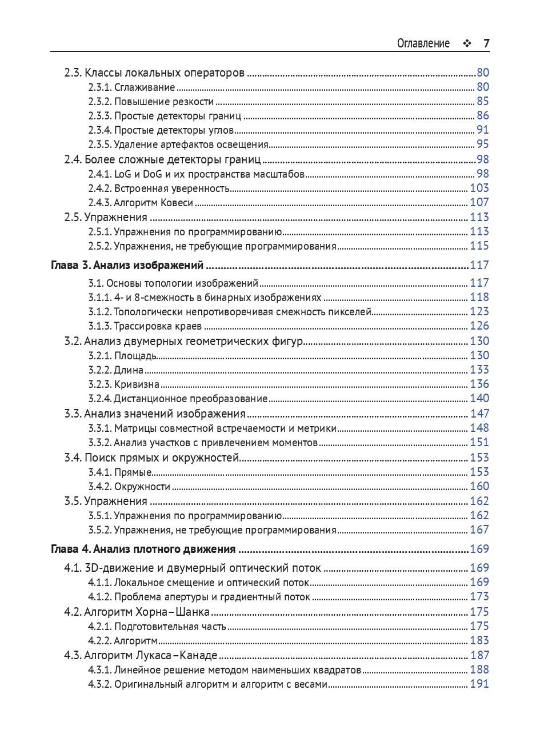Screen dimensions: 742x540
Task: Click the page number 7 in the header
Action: click(x=486, y=43)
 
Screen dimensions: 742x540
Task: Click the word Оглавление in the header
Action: click(x=423, y=43)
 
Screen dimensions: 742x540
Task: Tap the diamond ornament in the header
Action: click(x=467, y=43)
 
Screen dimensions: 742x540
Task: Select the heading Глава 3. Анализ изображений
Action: click(x=127, y=265)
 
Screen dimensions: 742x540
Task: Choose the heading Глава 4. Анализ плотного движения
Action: click(x=143, y=549)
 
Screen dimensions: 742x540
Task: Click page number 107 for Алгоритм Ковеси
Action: click(x=479, y=202)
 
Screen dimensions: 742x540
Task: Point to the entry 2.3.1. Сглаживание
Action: click(x=131, y=87)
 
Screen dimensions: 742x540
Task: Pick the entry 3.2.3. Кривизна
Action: click(x=123, y=384)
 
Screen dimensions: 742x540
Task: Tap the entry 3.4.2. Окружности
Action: click(x=129, y=487)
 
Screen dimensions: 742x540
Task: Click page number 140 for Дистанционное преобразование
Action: click(x=479, y=399)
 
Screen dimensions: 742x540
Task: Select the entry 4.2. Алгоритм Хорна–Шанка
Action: click(x=137, y=612)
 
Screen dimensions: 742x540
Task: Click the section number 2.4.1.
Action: click(x=100, y=174)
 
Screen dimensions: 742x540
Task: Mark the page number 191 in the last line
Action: click(x=479, y=684)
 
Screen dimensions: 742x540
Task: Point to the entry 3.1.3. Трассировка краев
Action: click(x=145, y=326)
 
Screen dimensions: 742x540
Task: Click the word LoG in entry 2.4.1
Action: click(x=123, y=174)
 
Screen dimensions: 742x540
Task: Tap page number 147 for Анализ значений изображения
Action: click(x=479, y=414)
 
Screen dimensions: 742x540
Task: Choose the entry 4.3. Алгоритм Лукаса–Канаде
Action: click(x=141, y=655)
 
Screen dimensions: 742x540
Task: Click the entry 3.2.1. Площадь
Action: click(x=122, y=356)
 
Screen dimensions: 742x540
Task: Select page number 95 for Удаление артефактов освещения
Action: click(x=483, y=145)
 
